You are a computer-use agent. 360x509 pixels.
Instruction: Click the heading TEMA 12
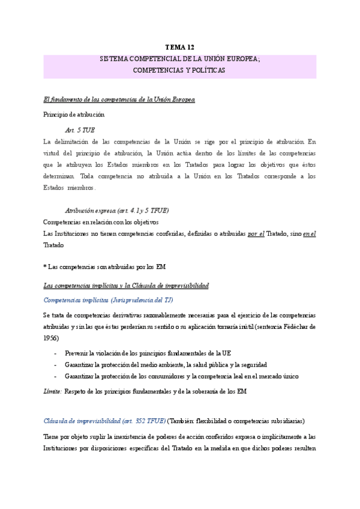pos(180,47)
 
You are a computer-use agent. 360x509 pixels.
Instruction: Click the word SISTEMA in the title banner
pos(115,60)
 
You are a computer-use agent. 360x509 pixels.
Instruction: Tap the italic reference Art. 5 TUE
pos(80,130)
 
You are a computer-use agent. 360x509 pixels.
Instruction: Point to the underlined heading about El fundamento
pos(119,99)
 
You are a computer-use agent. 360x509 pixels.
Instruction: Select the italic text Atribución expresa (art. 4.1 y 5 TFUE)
pos(116,211)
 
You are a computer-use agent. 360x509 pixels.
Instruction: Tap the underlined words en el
pos(309,233)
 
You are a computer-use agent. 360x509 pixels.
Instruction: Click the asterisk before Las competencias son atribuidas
pos(46,267)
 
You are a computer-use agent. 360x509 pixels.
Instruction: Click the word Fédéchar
pos(295,327)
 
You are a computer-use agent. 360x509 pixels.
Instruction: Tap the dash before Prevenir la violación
pos(56,354)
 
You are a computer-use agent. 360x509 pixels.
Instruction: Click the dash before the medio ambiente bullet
pos(56,365)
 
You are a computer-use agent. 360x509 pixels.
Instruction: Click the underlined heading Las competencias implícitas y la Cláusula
pos(126,285)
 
